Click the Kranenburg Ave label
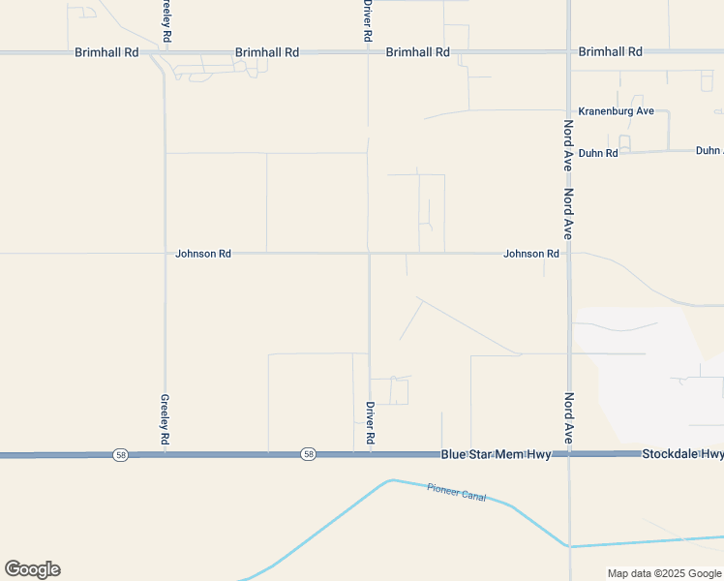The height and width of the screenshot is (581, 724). (x=616, y=111)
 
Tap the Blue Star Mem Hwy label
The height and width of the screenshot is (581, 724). (x=496, y=454)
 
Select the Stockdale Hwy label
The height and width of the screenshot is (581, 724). (x=682, y=454)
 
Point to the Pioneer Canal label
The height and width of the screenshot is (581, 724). (x=457, y=492)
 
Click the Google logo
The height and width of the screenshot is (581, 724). (x=32, y=569)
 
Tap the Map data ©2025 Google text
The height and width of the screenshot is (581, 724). (x=663, y=573)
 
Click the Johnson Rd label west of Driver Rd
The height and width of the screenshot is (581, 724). (x=203, y=254)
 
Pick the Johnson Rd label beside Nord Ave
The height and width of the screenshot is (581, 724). (x=531, y=254)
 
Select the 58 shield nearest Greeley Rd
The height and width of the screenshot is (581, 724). (x=120, y=454)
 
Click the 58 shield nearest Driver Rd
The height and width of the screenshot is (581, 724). (x=308, y=454)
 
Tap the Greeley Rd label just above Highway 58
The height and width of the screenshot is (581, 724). (x=166, y=420)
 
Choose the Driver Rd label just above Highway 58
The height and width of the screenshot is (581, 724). (x=370, y=424)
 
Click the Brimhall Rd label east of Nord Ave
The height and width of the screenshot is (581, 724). (x=610, y=51)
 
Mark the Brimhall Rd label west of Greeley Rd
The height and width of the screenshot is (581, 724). (x=106, y=52)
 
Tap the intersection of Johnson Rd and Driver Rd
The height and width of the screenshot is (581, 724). (x=369, y=254)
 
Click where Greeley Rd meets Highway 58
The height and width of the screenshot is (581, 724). (x=166, y=454)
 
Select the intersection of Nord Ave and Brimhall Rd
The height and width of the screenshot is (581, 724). (x=568, y=52)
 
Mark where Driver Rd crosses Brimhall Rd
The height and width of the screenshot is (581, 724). (x=368, y=52)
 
